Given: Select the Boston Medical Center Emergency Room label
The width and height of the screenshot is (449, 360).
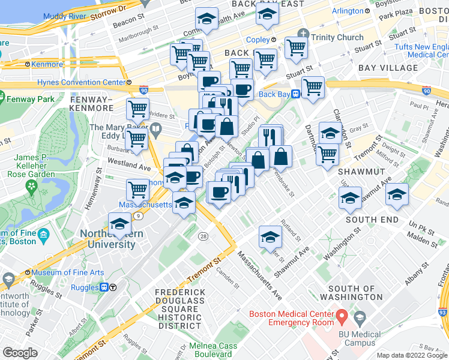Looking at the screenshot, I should pyautogui.click(x=291, y=317).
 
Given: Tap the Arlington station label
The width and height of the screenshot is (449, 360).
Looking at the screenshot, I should pyautogui.click(x=348, y=11).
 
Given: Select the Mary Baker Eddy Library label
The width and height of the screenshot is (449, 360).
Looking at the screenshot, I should pyautogui.click(x=120, y=132).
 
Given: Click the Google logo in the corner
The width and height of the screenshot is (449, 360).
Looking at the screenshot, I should pyautogui.click(x=20, y=353).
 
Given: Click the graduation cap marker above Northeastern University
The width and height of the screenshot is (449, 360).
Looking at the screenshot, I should pyautogui.click(x=119, y=224).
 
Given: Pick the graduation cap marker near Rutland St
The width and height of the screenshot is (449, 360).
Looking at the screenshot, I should pyautogui.click(x=270, y=237).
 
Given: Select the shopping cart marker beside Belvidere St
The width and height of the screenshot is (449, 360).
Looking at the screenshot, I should pyautogui.click(x=137, y=109).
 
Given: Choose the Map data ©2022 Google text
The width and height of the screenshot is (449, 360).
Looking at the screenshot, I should pyautogui.click(x=411, y=355).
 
